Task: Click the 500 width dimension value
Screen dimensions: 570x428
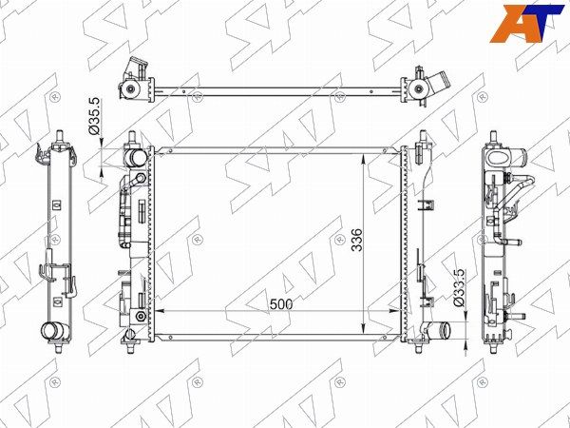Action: pyautogui.click(x=281, y=304)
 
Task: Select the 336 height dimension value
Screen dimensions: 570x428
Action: pyautogui.click(x=356, y=240)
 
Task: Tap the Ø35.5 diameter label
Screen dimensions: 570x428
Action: pyautogui.click(x=94, y=116)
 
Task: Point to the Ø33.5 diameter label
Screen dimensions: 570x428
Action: pyautogui.click(x=459, y=287)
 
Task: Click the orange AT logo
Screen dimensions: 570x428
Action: pyautogui.click(x=526, y=24)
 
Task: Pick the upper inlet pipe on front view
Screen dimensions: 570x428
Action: pyautogui.click(x=135, y=158)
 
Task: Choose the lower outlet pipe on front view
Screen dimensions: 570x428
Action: pyautogui.click(x=440, y=330)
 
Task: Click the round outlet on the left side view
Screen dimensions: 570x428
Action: pyautogui.click(x=51, y=331)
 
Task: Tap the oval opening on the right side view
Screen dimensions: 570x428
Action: pyautogui.click(x=500, y=158)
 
